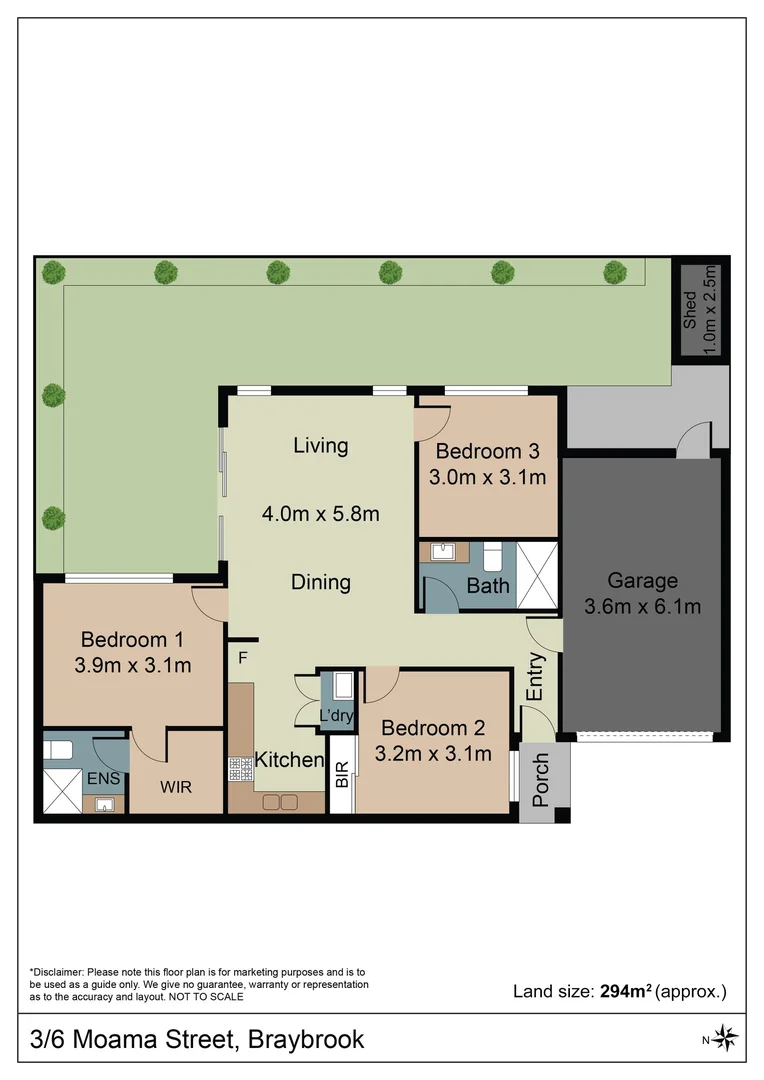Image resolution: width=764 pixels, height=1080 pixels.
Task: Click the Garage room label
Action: [x=642, y=581]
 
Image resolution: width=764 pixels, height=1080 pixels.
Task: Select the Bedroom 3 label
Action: [x=487, y=451]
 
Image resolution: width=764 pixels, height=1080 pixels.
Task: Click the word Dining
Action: [x=320, y=582]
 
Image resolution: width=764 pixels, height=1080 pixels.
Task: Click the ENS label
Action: [x=100, y=777]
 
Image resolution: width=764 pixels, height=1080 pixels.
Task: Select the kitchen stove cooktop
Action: [x=241, y=768]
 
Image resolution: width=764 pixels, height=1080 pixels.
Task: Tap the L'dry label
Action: [x=337, y=716]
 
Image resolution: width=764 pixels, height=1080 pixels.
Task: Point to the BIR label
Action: [x=342, y=775]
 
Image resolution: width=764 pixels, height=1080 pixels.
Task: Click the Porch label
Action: [x=541, y=780]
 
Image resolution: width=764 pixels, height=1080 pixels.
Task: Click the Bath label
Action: [x=488, y=586]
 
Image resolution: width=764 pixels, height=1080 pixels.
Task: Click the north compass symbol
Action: [x=727, y=1037]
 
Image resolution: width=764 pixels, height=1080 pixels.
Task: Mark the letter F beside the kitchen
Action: [x=242, y=657]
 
